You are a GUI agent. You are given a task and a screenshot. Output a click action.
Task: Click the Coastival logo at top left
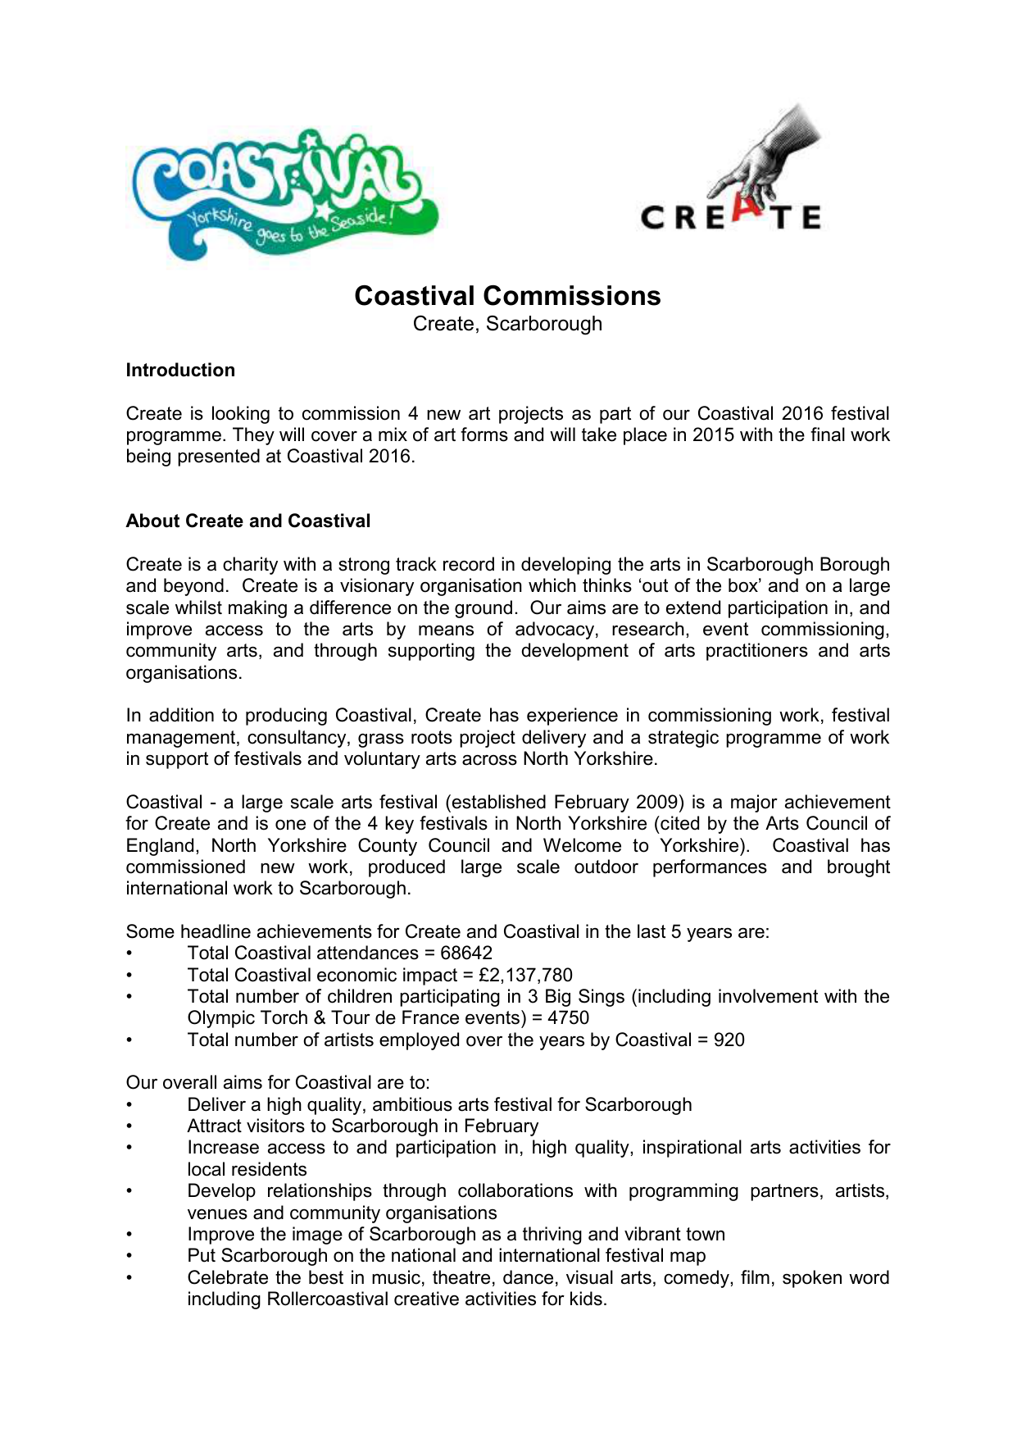coord(283,193)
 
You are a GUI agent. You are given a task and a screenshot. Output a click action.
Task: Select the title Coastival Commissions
coord(507,296)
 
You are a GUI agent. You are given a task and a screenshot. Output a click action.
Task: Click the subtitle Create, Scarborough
coord(507,324)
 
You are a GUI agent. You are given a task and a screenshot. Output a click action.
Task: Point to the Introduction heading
coord(180,371)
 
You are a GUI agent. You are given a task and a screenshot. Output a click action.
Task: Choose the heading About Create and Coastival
coord(247,521)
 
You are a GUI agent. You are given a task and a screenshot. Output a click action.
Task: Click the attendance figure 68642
coord(466,953)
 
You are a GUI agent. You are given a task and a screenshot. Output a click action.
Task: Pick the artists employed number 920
coord(729,1040)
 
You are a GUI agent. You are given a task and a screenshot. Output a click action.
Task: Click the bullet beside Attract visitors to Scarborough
coord(129,1127)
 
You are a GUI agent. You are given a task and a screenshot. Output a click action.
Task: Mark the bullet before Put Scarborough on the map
coord(129,1257)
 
